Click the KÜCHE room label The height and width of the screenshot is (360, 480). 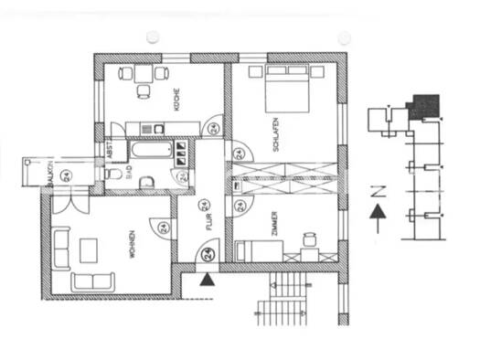(176, 98)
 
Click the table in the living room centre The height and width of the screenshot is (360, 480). (90, 249)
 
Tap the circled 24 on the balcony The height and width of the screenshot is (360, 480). (64, 174)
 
